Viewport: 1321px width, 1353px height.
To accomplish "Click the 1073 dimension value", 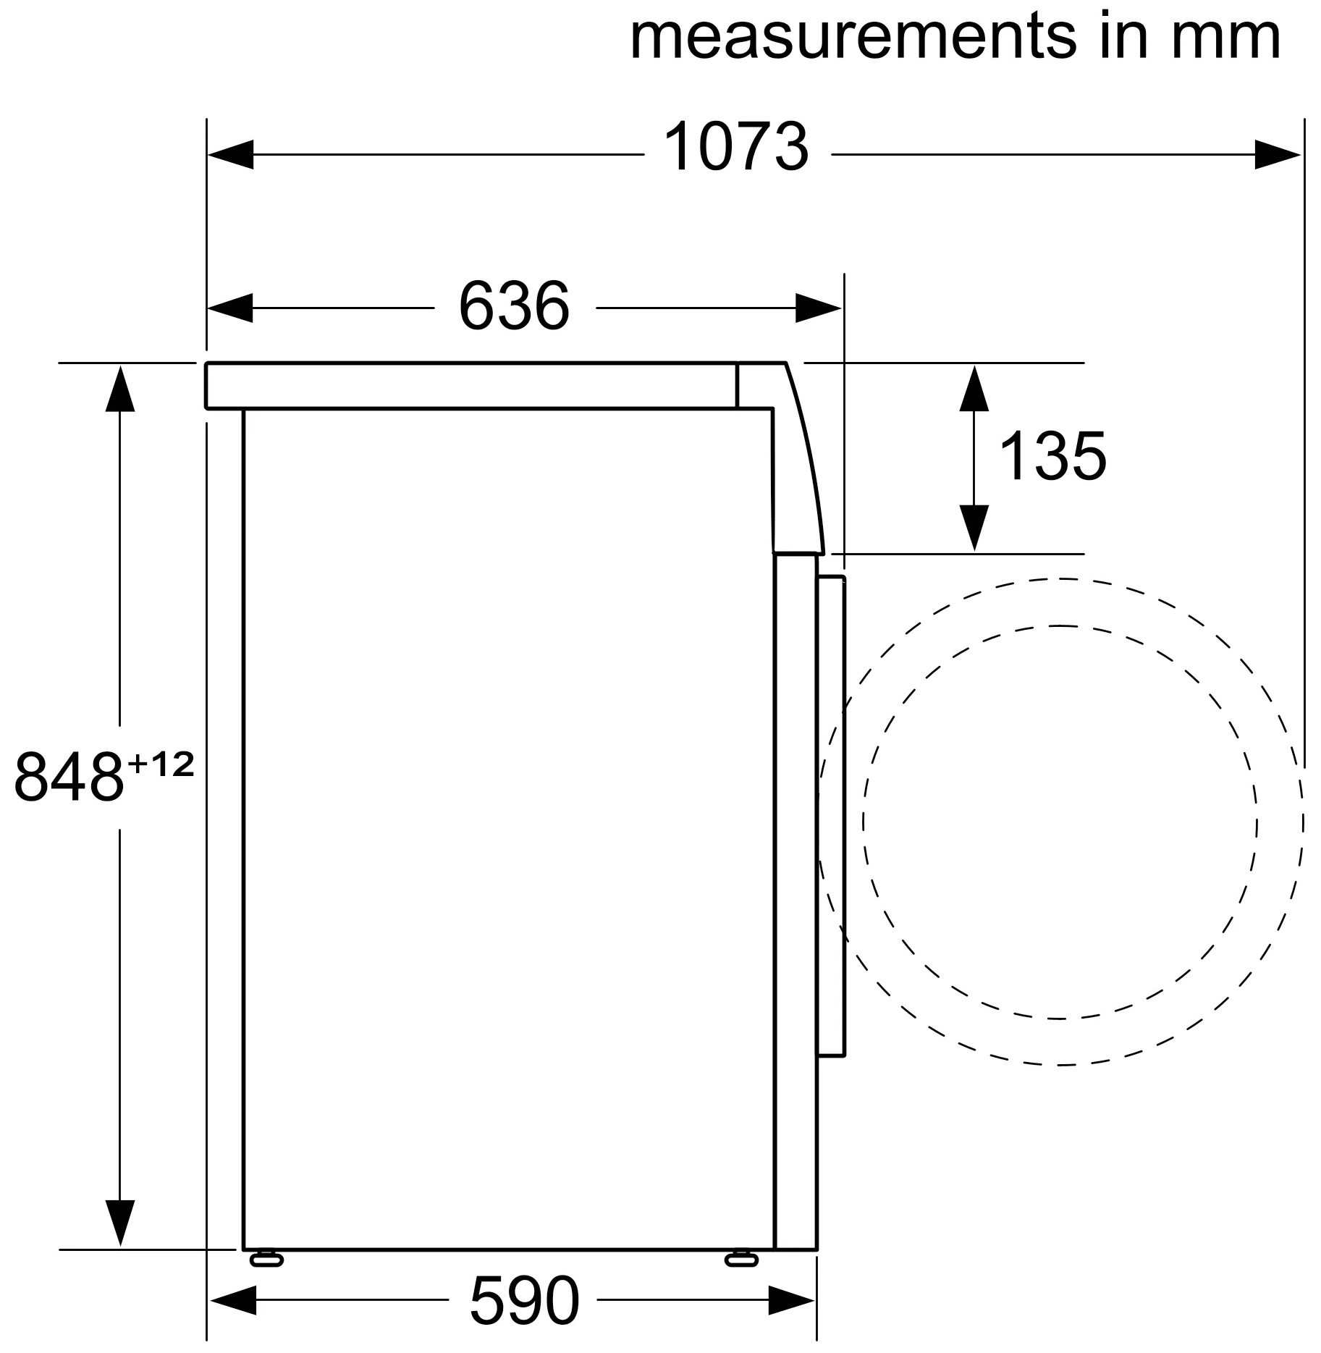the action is coord(735,148).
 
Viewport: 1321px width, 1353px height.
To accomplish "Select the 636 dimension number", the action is coord(514,305).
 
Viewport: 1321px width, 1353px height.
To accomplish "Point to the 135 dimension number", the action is coord(1052,455).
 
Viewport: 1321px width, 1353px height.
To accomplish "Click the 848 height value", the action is coord(69,777).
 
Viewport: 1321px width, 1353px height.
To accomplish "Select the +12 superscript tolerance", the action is coord(161,764).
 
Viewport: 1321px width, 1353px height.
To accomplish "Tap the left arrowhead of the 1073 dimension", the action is coord(230,154).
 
